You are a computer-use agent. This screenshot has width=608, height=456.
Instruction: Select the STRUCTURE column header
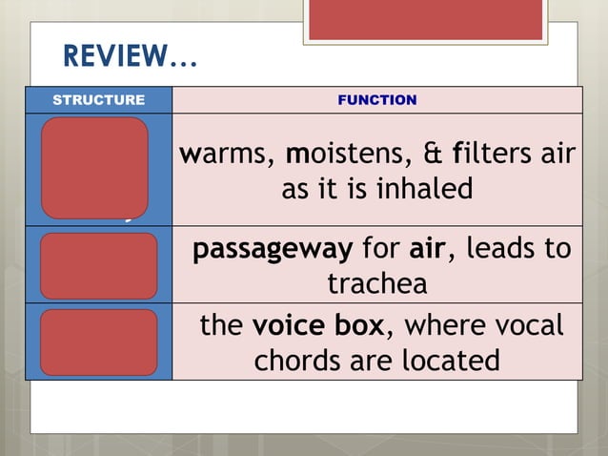coord(98,99)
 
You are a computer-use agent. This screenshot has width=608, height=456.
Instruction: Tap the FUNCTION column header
coord(377,99)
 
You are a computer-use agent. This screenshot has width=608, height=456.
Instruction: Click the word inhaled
coord(419,189)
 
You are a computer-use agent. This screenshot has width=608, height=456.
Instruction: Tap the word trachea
coord(376,284)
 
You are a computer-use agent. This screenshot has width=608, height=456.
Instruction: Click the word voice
coord(284,326)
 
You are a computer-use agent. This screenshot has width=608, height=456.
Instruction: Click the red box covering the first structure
coord(94,167)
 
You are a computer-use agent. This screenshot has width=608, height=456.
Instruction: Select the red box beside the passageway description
coord(99,266)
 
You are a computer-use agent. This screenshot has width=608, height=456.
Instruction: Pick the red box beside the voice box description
coord(99,342)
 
